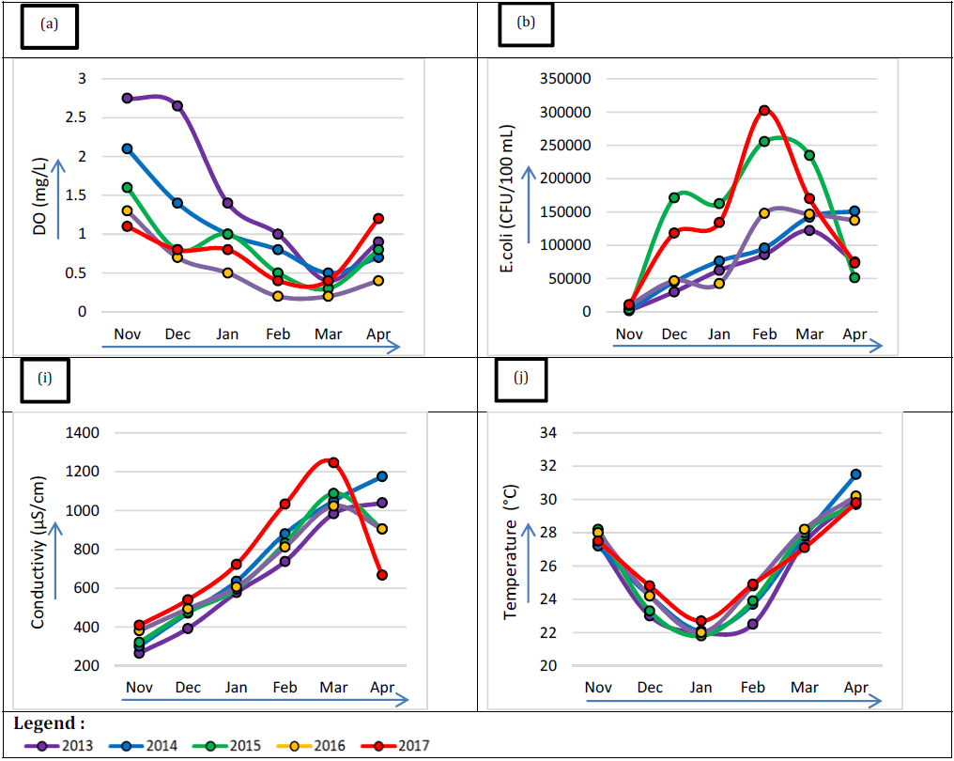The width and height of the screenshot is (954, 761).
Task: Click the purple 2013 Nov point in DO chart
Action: pyautogui.click(x=127, y=98)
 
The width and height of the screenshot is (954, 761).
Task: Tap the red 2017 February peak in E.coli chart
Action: pyautogui.click(x=764, y=110)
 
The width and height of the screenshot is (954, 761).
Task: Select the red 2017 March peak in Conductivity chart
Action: pyautogui.click(x=333, y=462)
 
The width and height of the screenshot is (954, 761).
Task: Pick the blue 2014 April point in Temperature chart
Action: pyautogui.click(x=855, y=474)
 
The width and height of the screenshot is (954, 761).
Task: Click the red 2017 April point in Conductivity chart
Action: pyautogui.click(x=382, y=575)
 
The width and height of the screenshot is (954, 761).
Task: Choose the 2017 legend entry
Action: pyautogui.click(x=395, y=746)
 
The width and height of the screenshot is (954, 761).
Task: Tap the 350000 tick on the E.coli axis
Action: pyautogui.click(x=565, y=79)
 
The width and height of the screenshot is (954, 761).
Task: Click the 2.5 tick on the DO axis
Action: pyautogui.click(x=76, y=117)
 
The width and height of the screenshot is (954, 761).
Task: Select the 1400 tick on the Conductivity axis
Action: pyautogui.click(x=82, y=433)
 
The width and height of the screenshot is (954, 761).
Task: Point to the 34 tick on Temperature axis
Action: pyautogui.click(x=548, y=433)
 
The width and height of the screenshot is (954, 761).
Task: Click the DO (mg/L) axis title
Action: pyautogui.click(x=39, y=196)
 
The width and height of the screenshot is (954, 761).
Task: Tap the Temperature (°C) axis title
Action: pyautogui.click(x=511, y=552)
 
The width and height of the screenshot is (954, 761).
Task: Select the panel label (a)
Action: pyautogui.click(x=49, y=23)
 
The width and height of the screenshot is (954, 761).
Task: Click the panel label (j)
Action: pyautogui.click(x=521, y=378)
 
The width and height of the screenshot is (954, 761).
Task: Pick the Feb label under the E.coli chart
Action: pyautogui.click(x=764, y=334)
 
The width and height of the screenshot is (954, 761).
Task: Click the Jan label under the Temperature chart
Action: pyautogui.click(x=700, y=688)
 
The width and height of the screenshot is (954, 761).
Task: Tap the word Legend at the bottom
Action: pyautogui.click(x=44, y=723)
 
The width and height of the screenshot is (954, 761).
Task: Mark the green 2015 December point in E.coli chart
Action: pyautogui.click(x=674, y=197)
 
